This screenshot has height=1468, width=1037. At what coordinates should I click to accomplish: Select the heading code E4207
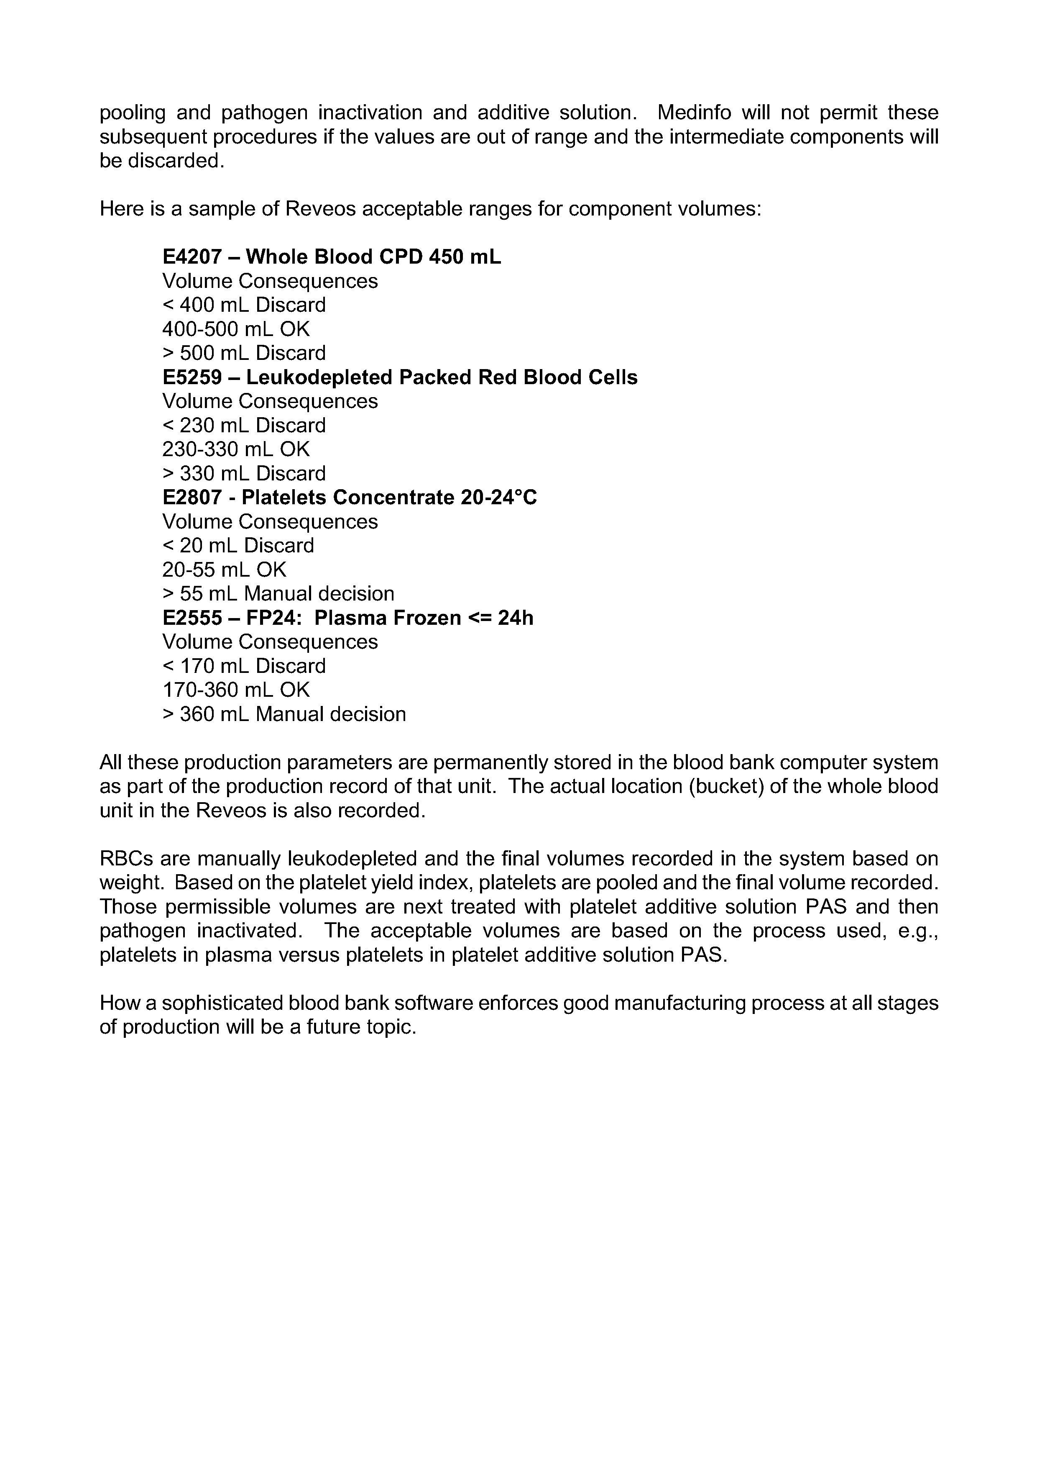pos(192,257)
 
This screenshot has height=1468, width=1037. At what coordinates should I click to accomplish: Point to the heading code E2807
pos(192,498)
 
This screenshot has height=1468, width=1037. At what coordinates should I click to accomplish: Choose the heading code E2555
pos(192,618)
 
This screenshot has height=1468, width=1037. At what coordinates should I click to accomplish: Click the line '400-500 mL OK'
pos(236,329)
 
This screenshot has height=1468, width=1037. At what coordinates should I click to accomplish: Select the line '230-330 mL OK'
pos(236,449)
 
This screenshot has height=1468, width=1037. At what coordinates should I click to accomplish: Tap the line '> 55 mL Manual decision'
pos(278,594)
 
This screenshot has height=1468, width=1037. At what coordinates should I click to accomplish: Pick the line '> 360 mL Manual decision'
pos(284,714)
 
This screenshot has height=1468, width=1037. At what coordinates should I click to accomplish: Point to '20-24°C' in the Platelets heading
pos(498,498)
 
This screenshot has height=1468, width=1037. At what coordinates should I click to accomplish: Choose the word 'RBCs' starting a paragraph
pos(121,859)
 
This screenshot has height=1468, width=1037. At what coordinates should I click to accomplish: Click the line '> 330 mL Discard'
pos(243,474)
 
